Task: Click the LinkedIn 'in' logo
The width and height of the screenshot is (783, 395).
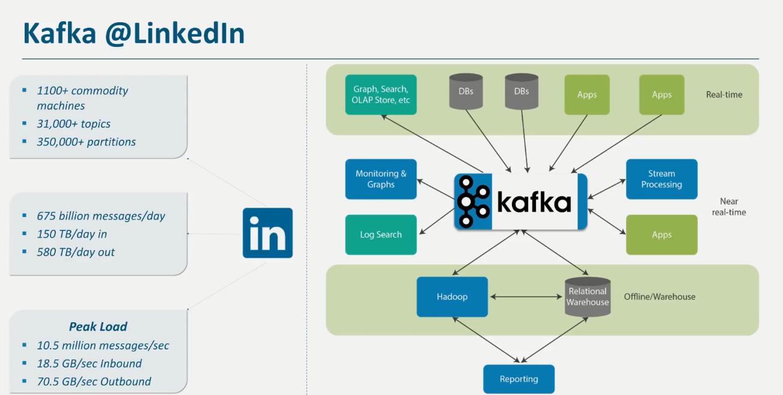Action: pos(267,233)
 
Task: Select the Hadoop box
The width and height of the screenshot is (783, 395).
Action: pos(452,296)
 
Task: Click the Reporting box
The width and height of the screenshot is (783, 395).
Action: pos(519,379)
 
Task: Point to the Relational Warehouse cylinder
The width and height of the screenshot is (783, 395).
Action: pos(588,296)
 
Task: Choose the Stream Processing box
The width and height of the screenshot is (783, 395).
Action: pos(661,179)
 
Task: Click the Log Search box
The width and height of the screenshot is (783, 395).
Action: pos(380,234)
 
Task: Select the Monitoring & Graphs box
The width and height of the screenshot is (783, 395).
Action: pos(380,179)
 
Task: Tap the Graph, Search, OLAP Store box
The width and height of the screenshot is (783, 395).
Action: pos(381,94)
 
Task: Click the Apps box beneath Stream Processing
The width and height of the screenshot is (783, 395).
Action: pos(661,234)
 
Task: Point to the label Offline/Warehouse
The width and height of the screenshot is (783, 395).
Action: pos(659,296)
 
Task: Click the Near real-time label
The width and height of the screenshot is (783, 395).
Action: pos(728,207)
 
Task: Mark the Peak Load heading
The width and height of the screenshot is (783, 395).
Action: pos(98,327)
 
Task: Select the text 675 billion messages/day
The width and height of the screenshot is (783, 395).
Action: pos(101,216)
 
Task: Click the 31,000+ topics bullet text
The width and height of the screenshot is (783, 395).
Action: pos(74,124)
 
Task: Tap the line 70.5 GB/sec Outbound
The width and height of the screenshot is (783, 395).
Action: pos(94,381)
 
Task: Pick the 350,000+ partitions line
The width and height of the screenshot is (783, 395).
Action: pos(87,142)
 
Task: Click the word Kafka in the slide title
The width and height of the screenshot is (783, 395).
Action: pos(59,34)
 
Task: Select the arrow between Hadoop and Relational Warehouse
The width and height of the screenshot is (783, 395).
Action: pos(526,296)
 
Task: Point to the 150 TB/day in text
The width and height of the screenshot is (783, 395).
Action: pos(72,234)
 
